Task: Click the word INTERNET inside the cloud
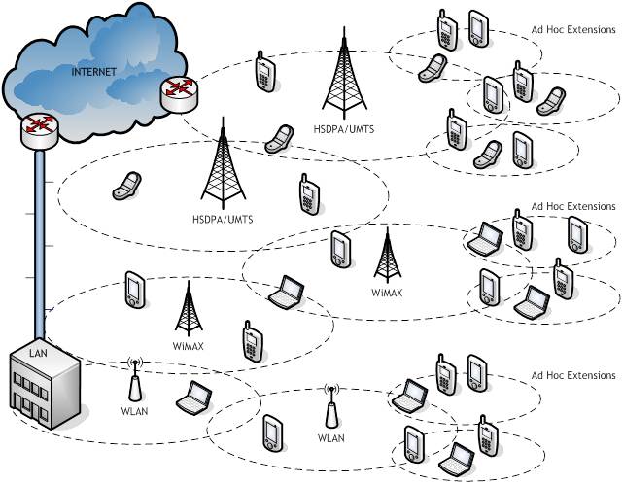point(94,72)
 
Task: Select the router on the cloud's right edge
point(177,92)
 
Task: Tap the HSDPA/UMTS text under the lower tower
point(223,219)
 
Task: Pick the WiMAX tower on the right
point(387,255)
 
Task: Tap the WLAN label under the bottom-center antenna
point(331,438)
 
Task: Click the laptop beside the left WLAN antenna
point(192,397)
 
